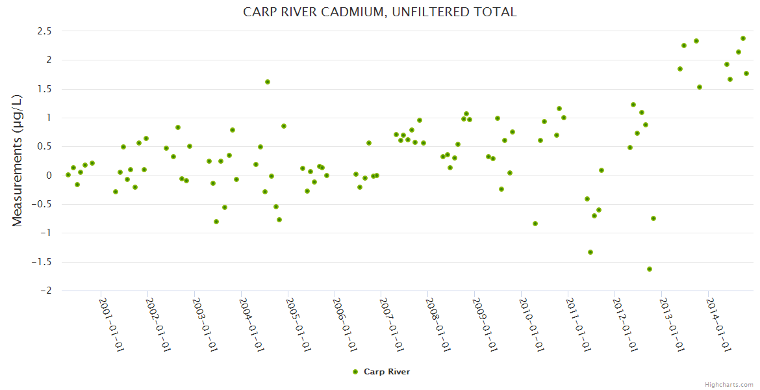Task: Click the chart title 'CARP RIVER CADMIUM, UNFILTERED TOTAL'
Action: tap(380, 12)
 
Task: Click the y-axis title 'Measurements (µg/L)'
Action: tap(18, 161)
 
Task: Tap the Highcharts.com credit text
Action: tap(728, 384)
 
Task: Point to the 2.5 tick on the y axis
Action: tap(44, 31)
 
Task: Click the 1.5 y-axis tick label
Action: tap(44, 89)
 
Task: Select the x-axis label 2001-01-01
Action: tap(111, 324)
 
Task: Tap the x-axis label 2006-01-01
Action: tap(344, 324)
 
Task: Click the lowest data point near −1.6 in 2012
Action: tap(650, 269)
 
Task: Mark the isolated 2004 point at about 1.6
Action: tap(268, 82)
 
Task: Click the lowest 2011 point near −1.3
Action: tap(590, 252)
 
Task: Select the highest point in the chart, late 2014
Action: tap(743, 38)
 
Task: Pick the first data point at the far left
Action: tap(68, 175)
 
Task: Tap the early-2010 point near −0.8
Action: tap(535, 224)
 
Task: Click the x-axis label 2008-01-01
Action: tap(438, 324)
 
